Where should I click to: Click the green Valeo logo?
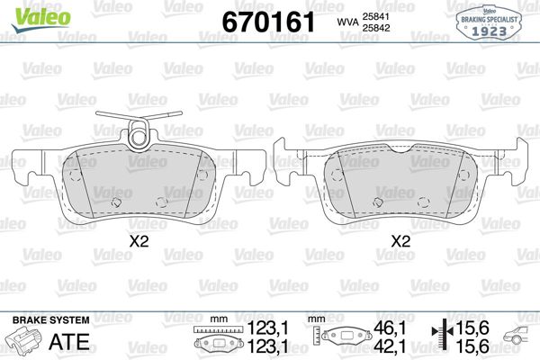(30, 13)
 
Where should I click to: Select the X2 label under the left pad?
(138, 240)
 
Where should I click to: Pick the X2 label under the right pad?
(401, 240)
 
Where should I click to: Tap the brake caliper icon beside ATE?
(26, 342)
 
